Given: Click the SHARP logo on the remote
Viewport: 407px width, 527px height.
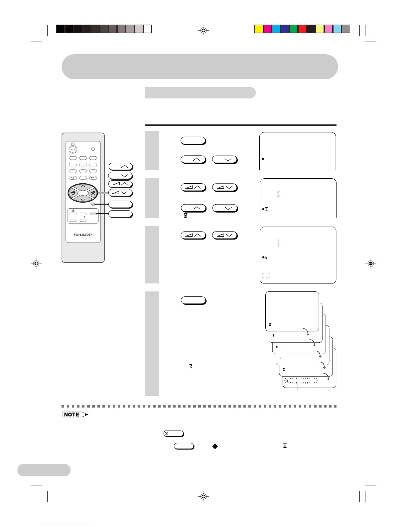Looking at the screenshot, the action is (x=83, y=235).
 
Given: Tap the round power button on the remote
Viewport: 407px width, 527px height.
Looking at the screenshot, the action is (x=73, y=149).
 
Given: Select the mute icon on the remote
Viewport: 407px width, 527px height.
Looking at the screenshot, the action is (x=73, y=211).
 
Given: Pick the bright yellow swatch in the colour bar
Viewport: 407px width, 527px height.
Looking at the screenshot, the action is (x=259, y=29).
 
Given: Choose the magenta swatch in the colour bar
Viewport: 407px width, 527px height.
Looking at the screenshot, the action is (x=267, y=29).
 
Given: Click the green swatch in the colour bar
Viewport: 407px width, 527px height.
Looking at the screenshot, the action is (x=293, y=29).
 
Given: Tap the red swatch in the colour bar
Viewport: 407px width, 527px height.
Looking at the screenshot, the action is (x=302, y=29).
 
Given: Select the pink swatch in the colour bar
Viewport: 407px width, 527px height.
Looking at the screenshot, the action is (x=328, y=29).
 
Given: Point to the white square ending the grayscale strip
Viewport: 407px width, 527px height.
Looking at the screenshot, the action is (x=148, y=29).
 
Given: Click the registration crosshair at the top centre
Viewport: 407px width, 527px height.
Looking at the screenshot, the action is (x=204, y=31).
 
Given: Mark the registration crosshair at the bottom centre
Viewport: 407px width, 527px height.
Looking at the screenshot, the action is (x=204, y=496).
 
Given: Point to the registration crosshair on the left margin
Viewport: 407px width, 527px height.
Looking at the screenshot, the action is (x=36, y=263).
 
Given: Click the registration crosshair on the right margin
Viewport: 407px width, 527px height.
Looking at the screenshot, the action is (x=371, y=263).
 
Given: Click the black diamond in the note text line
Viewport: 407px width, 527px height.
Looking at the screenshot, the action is (x=215, y=446).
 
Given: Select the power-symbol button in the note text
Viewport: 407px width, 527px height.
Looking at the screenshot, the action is (x=174, y=434).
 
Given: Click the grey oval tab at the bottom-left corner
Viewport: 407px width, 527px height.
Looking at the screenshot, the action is (x=44, y=470).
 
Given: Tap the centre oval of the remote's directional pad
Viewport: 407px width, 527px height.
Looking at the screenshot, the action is (x=83, y=192).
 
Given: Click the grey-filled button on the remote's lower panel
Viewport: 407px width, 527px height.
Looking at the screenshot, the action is (x=93, y=214).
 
